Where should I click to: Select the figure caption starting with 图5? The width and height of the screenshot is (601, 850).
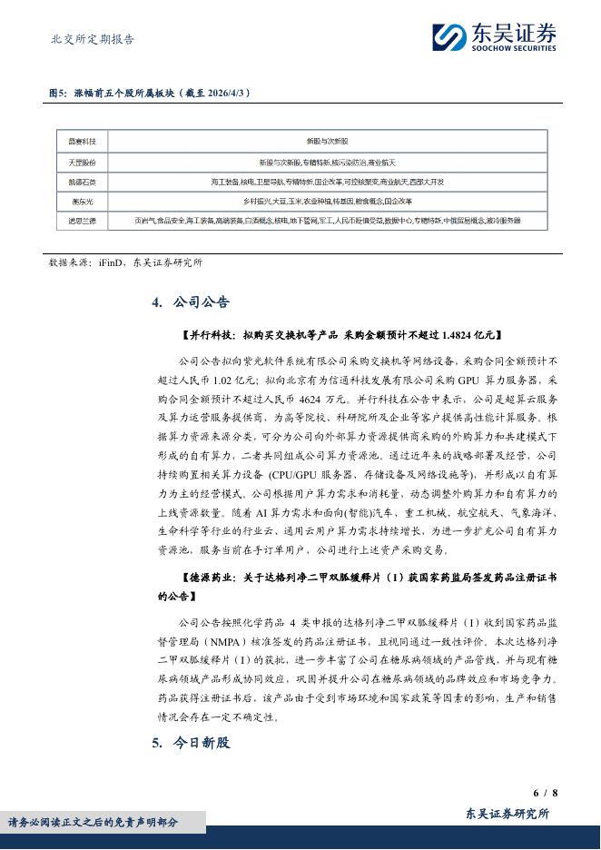pyautogui.click(x=149, y=94)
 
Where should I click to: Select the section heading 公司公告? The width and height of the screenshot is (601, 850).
pyautogui.click(x=201, y=302)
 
